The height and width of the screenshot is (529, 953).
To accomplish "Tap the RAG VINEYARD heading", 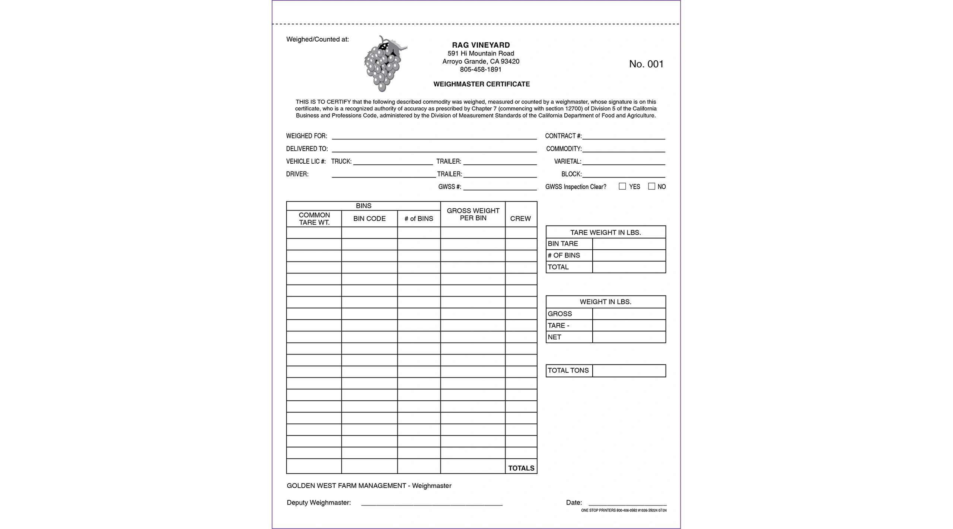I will click(x=481, y=45).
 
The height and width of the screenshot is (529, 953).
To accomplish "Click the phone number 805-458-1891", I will click(x=481, y=70).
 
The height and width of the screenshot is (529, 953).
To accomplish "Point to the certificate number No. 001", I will click(x=646, y=64).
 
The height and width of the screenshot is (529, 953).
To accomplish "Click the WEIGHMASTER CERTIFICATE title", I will click(x=481, y=84).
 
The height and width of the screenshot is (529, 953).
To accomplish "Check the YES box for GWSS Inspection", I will click(x=622, y=186).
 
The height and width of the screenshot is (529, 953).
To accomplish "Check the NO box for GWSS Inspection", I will click(x=651, y=186).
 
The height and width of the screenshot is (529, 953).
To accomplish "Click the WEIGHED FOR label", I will click(x=306, y=136).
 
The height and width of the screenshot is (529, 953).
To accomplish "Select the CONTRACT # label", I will click(x=563, y=136).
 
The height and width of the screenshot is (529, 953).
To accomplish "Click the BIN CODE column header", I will click(x=369, y=219).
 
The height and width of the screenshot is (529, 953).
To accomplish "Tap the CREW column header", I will click(x=520, y=219).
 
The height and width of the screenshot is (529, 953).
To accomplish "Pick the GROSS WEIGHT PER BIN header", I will click(x=473, y=214).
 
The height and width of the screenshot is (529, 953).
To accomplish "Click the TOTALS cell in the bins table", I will click(x=521, y=468).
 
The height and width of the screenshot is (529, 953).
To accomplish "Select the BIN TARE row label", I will click(x=563, y=244).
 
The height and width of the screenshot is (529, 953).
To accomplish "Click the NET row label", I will click(x=554, y=337).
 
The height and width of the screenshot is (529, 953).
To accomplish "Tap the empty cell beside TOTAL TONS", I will click(x=629, y=371).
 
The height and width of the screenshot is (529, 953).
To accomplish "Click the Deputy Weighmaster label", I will click(x=319, y=503).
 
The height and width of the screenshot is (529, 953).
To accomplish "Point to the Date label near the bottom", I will click(x=574, y=503).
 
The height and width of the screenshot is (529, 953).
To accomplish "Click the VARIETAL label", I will click(x=567, y=161).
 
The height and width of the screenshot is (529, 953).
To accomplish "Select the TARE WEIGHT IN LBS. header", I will click(x=605, y=233).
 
